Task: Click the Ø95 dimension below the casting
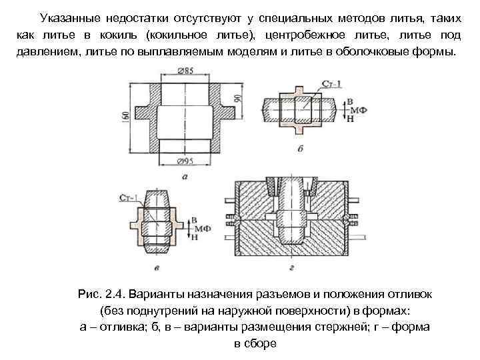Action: click(185, 160)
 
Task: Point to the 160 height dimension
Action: click(125, 116)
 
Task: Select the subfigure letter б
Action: click(300, 148)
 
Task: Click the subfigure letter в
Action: click(155, 269)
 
